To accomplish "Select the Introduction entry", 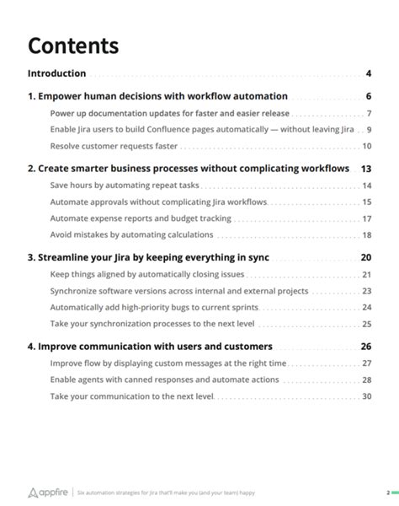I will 56,73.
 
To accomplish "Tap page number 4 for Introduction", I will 369,73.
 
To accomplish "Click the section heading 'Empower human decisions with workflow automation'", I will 157,96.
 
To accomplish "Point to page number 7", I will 369,113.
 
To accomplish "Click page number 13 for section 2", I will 366,169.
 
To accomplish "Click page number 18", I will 367,234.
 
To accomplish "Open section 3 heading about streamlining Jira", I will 148,257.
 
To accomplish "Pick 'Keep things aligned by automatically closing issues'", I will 147,274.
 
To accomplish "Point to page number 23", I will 367,291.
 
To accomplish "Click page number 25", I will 367,323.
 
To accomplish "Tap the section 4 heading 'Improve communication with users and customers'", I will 150,346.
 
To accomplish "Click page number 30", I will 367,396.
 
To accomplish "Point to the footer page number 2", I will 388,492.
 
